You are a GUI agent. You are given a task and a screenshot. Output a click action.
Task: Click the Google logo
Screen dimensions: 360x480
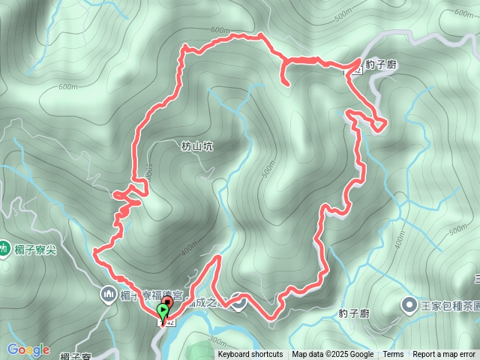pos(29,349)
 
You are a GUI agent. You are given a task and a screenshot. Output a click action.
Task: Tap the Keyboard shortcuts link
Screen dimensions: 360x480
pos(250,355)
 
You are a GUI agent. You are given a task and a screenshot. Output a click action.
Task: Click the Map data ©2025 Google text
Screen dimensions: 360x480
pos(333,355)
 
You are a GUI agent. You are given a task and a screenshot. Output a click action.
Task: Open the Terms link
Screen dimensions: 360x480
pos(393,355)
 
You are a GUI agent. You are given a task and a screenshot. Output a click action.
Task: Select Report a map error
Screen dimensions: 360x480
pos(444,355)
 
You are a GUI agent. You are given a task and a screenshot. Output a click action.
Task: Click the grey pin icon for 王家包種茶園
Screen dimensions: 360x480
pos(409,304)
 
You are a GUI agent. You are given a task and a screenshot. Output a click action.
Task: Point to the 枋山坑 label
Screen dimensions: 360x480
pos(197,147)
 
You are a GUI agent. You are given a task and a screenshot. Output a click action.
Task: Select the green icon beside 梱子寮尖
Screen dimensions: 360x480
pos(4,247)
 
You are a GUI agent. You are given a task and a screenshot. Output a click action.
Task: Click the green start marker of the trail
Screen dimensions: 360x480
pos(163,310)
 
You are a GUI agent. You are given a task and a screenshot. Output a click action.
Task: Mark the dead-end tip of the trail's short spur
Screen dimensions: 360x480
pos(288,83)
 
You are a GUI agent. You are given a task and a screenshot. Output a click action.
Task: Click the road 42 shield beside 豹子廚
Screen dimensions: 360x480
pos(358,71)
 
